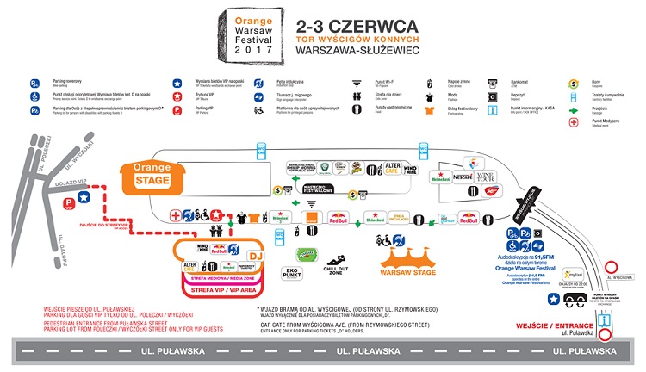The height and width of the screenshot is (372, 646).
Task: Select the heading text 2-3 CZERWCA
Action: click(x=343, y=26)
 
